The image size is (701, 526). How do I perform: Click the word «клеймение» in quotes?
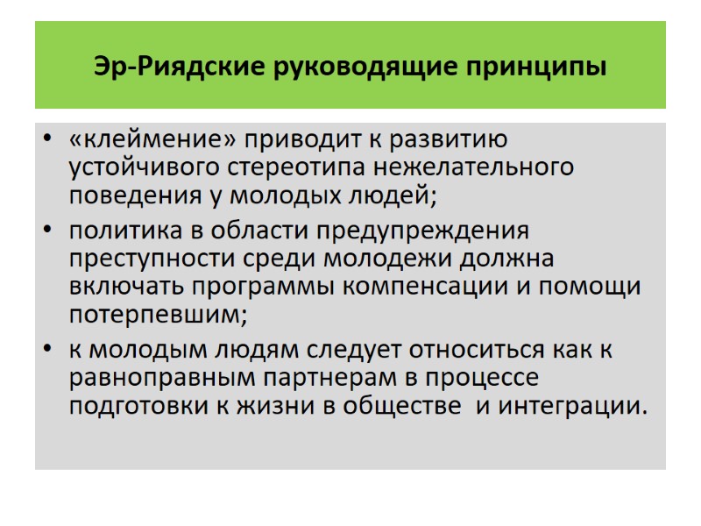(x=153, y=140)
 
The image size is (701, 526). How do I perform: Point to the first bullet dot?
(x=47, y=141)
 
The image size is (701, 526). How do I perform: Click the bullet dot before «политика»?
(x=47, y=232)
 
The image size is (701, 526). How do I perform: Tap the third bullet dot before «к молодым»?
(x=47, y=351)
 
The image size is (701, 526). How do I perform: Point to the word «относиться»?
(x=491, y=350)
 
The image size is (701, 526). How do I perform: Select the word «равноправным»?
(x=146, y=378)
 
